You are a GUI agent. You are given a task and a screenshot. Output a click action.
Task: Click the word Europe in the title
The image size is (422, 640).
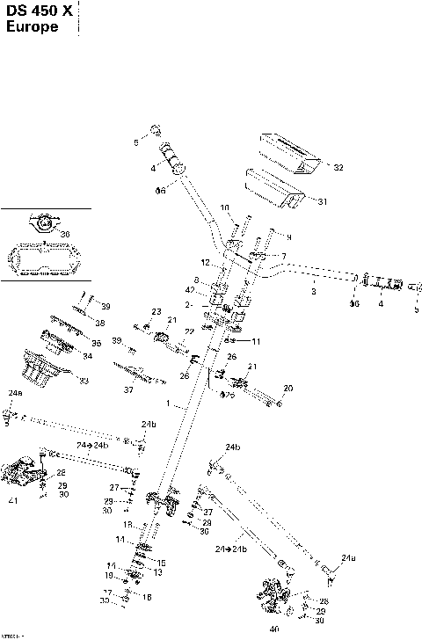coord(33,27)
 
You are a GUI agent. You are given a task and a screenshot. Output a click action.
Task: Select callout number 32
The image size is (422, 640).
coord(338,167)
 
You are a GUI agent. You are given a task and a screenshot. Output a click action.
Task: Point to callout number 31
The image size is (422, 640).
coord(322,201)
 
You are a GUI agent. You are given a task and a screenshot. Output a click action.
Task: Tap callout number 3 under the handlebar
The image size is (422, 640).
coord(313,290)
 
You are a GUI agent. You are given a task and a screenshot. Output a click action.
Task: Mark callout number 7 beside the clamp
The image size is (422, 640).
coord(284,256)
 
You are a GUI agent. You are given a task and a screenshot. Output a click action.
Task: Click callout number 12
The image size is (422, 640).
coord(204,263)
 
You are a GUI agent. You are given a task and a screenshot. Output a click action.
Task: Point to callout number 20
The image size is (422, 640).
coord(287,388)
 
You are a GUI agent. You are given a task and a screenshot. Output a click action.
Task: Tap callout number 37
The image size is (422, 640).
coord(127,389)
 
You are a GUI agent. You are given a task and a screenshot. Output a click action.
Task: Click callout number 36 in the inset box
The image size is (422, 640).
coord(65,233)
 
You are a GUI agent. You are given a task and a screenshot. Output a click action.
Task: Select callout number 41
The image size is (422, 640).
coord(11,500)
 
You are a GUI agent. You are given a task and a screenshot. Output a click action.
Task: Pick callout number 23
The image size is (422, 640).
coord(156,312)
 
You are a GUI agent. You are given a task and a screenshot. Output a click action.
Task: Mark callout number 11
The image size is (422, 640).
coord(257,340)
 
